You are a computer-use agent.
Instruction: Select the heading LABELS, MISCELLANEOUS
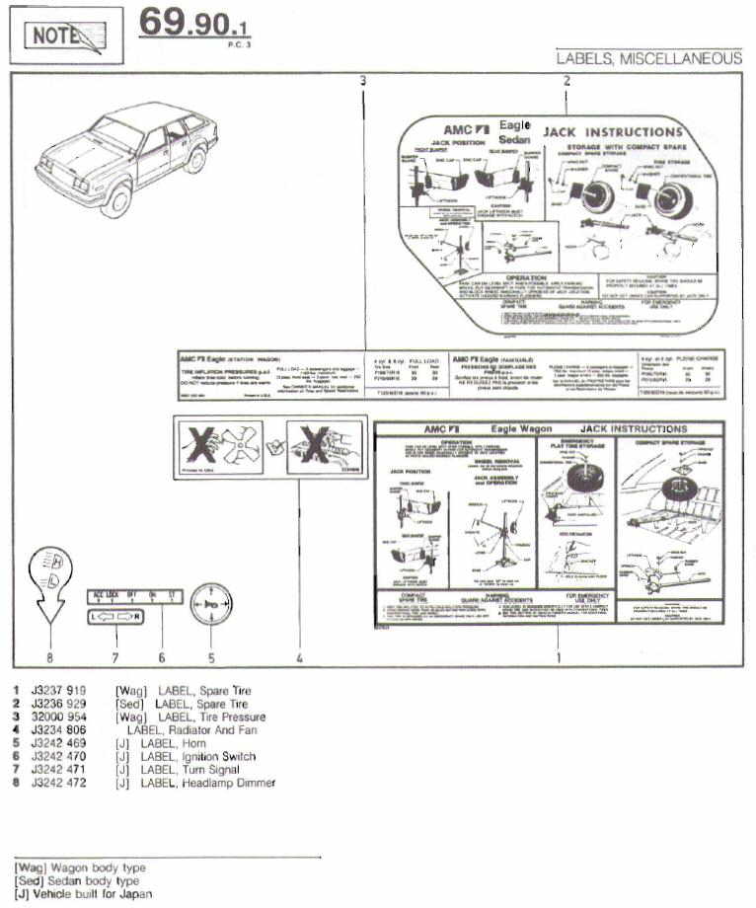pyautogui.click(x=648, y=58)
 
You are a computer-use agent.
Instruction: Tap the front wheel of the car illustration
pyautogui.click(x=116, y=200)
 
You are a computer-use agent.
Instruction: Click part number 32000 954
pyautogui.click(x=59, y=717)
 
